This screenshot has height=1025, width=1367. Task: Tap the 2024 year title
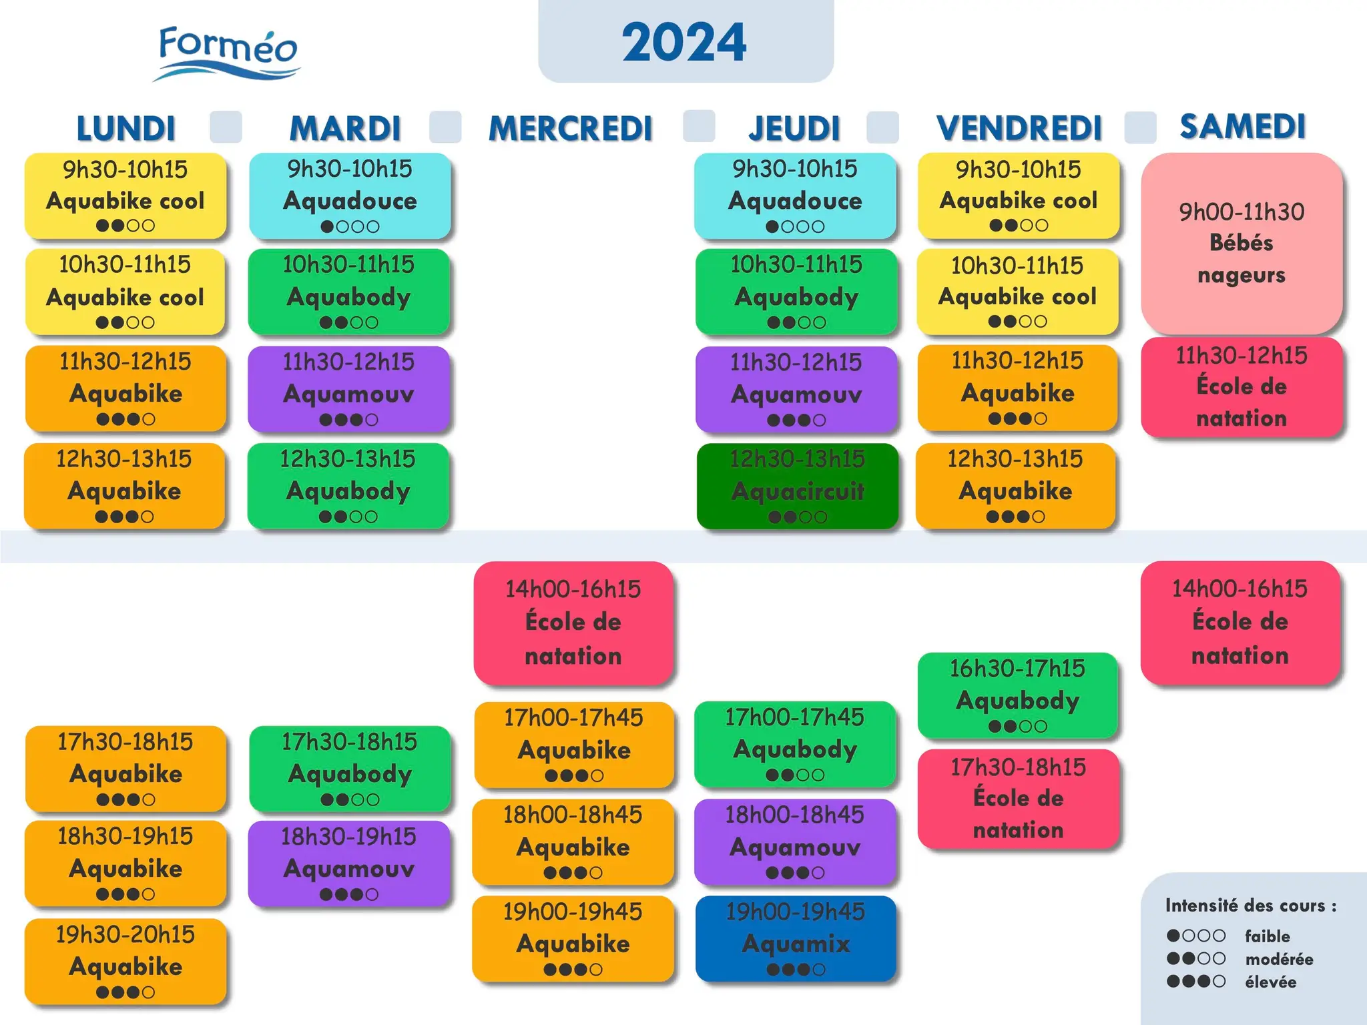tap(685, 42)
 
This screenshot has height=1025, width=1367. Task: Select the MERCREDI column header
tap(571, 128)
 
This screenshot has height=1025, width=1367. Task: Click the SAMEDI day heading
tap(1242, 126)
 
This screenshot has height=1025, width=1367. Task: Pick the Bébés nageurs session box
tap(1242, 243)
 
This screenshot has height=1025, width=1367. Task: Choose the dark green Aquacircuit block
tap(797, 486)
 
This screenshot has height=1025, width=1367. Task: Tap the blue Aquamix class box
tap(796, 938)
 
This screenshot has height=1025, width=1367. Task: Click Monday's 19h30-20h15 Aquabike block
tap(125, 962)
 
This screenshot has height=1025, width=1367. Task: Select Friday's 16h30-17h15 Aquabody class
tap(1018, 695)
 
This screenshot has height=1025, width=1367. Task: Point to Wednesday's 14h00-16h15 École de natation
tap(573, 623)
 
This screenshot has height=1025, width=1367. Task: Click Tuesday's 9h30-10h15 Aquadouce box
tap(350, 196)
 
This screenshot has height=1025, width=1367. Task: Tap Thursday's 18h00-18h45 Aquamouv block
tap(795, 841)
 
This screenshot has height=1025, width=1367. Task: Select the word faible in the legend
tap(1267, 936)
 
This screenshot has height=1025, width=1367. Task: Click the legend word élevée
tap(1270, 982)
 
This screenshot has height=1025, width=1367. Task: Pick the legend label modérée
tap(1279, 959)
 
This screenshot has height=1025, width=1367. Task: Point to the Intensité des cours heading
tap(1251, 905)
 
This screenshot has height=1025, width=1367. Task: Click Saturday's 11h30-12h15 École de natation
tap(1242, 387)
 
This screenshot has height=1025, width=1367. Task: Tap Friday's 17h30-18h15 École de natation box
tap(1018, 799)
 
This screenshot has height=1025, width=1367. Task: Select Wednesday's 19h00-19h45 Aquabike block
tap(573, 938)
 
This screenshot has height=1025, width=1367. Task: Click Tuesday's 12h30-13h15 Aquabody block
tap(348, 486)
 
